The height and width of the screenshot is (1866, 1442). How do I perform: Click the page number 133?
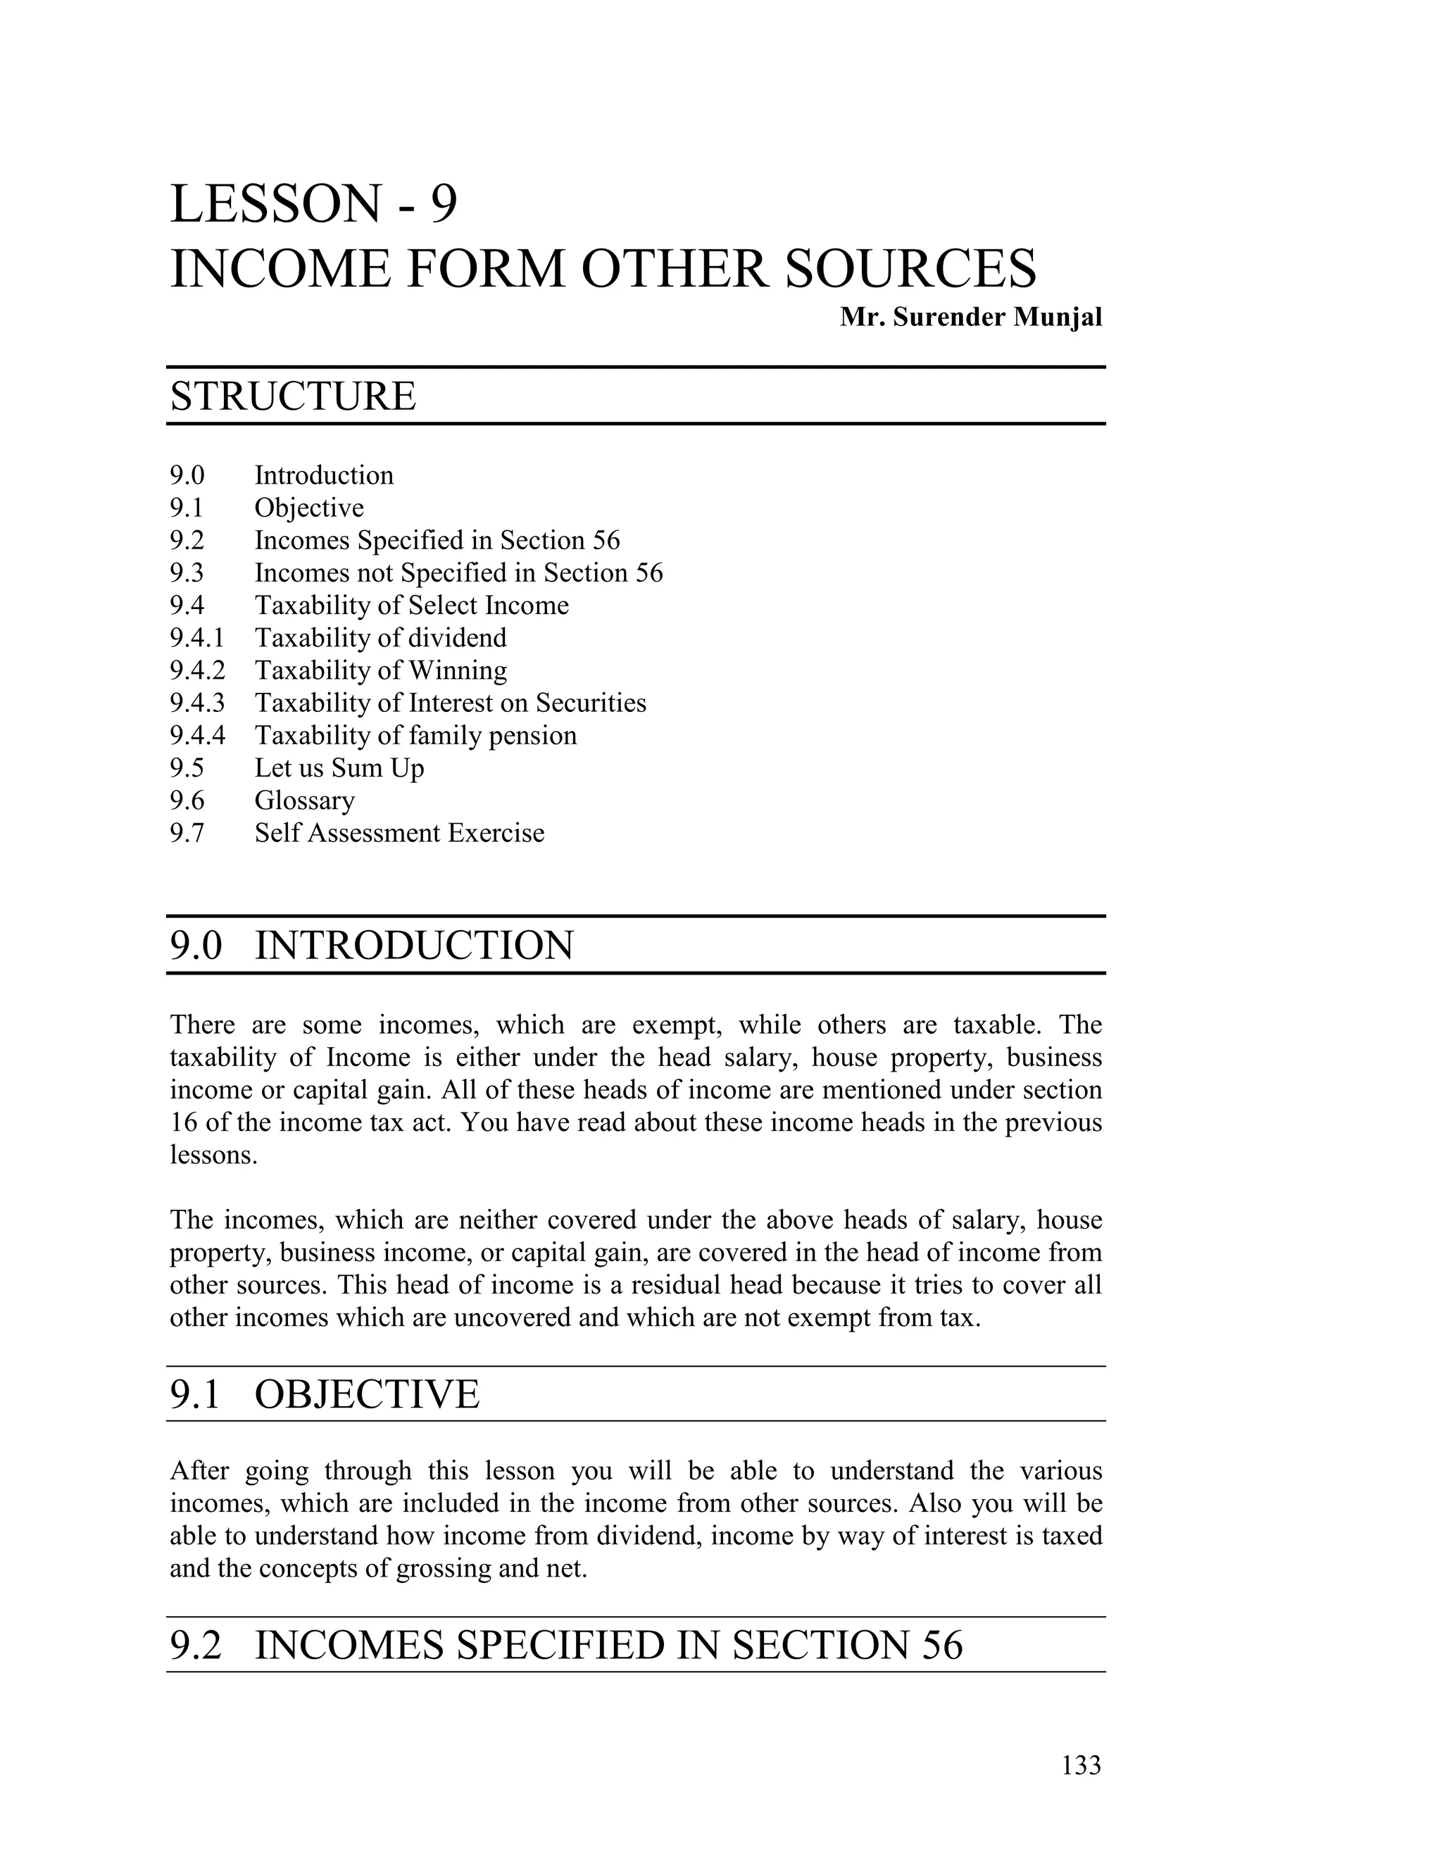tap(1081, 1765)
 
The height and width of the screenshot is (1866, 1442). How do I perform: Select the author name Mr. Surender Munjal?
tap(970, 317)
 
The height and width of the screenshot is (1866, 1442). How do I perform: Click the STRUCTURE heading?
tap(293, 396)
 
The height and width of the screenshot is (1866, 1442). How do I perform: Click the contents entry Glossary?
tap(304, 801)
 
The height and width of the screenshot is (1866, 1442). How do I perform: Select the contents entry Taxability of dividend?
tap(380, 637)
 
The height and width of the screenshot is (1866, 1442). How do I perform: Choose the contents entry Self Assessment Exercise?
tap(399, 833)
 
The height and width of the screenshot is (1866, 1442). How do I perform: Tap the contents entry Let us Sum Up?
tap(339, 768)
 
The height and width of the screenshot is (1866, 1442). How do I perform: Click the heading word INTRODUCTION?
tap(413, 946)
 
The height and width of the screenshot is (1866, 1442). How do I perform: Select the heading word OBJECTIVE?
tap(368, 1394)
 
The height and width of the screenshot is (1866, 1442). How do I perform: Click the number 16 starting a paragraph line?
tap(183, 1122)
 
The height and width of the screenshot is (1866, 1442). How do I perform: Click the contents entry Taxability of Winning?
tap(380, 670)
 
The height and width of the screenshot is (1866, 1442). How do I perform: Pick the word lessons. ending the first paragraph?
tap(213, 1154)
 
